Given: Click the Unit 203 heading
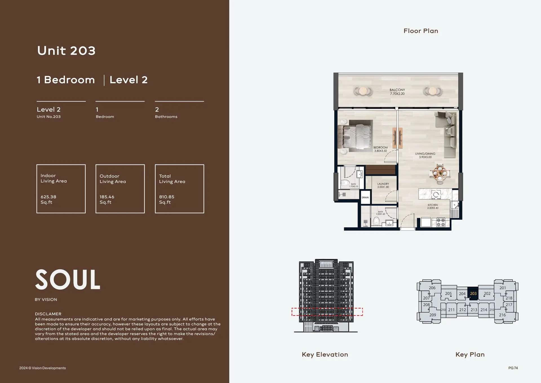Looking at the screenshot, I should (66, 51).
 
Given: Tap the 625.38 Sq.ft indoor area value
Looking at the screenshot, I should (48, 199).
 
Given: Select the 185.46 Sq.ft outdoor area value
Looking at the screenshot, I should (107, 199).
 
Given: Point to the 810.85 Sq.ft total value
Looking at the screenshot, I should (167, 199).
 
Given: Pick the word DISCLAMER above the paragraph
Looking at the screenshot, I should (48, 314).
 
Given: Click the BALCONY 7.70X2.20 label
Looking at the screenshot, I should (397, 92).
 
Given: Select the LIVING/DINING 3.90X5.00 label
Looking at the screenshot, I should (425, 155).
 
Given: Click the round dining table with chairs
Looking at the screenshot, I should (440, 173).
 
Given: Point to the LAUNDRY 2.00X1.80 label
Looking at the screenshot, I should (383, 185).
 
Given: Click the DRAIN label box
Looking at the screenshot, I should (365, 197).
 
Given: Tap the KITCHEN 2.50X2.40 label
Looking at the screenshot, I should (433, 206).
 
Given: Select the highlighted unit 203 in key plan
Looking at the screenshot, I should (473, 294).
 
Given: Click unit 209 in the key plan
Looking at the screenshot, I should (433, 315).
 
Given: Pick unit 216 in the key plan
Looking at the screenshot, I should (502, 315).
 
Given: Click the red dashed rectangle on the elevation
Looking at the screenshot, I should (327, 312).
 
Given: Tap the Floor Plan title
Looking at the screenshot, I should (421, 31).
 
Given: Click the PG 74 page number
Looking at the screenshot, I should (513, 368).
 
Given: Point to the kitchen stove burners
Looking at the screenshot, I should (441, 222).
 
